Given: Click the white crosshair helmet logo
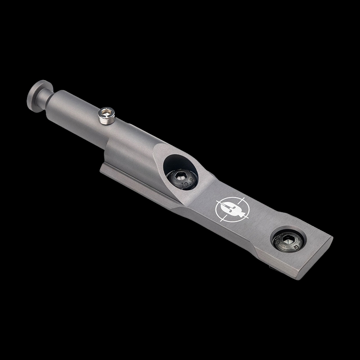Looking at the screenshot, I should coord(230,209).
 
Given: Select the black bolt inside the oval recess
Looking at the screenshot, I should coord(180,180).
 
